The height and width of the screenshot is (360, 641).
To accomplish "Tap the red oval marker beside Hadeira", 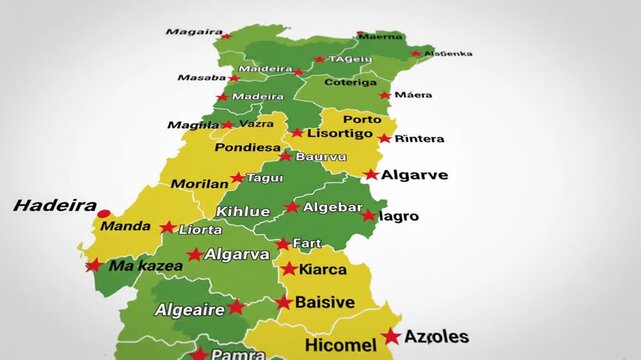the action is point(103,213).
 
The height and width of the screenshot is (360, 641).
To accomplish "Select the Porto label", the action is point(361,120).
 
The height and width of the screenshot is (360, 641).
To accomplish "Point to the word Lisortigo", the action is point(340,133).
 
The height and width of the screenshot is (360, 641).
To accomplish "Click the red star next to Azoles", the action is point(390,337).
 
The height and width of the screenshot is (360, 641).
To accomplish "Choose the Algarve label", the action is point(414,174).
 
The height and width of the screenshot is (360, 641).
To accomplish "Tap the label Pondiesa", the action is point(247,147).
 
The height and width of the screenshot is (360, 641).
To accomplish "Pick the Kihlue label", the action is point(243,211).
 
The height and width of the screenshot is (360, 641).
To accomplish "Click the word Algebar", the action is point(332,207).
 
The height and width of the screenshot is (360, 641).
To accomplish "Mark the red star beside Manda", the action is point(167,227).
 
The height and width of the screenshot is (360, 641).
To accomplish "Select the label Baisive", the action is point(324,302).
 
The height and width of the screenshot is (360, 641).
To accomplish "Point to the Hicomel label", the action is point(341,346).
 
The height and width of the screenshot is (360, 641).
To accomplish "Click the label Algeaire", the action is point(189,310).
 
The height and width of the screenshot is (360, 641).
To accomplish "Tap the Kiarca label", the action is point(322,269).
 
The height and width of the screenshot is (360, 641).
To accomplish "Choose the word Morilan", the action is point(199,184).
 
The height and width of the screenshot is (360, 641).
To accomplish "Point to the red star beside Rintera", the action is point(384,138).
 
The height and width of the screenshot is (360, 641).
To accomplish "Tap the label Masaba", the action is point(201,77).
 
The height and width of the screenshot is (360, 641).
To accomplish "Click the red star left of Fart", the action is point(283,244).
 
